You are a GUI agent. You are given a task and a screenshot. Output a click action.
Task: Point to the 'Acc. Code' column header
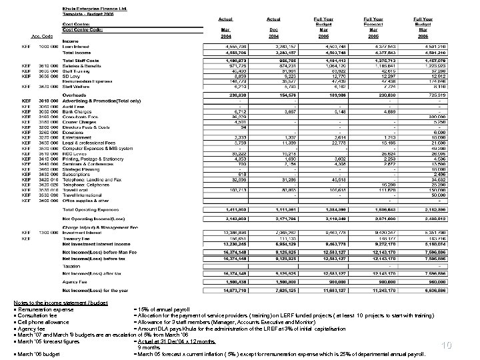point(42,36)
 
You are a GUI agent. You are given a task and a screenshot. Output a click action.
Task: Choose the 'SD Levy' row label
point(71,77)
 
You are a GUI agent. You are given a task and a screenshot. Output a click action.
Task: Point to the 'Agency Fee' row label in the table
point(75,282)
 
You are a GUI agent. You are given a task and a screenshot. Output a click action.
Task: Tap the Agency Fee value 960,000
point(419,282)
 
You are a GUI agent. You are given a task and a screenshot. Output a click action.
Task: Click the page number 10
point(464,345)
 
